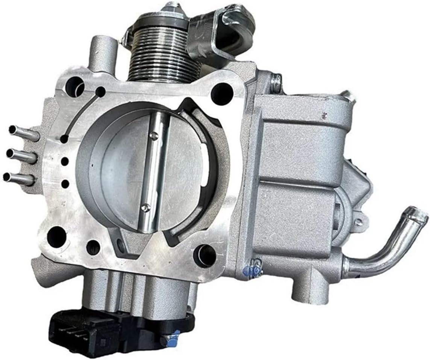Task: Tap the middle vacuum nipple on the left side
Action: [x=20, y=155]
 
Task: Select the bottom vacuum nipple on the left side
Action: [x=18, y=178]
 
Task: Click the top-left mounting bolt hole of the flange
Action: [x=74, y=86]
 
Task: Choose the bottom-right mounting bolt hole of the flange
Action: [x=205, y=255]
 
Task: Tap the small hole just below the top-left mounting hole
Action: [x=100, y=92]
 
